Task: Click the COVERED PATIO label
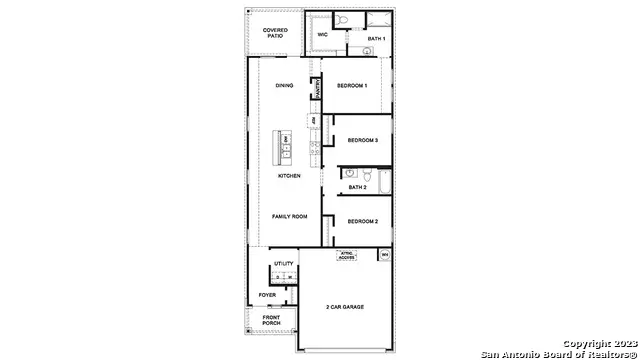(275, 33)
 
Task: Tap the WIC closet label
(323, 34)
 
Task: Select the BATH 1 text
(376, 38)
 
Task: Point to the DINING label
(283, 85)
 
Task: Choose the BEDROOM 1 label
(352, 85)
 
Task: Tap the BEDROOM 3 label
(362, 141)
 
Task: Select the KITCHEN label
(289, 176)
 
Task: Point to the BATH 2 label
(358, 187)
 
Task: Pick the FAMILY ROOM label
(289, 216)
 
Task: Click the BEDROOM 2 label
(362, 221)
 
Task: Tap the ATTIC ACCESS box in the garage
(346, 255)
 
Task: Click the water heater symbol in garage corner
(384, 256)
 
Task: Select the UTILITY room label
(283, 264)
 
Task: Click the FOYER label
(267, 296)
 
